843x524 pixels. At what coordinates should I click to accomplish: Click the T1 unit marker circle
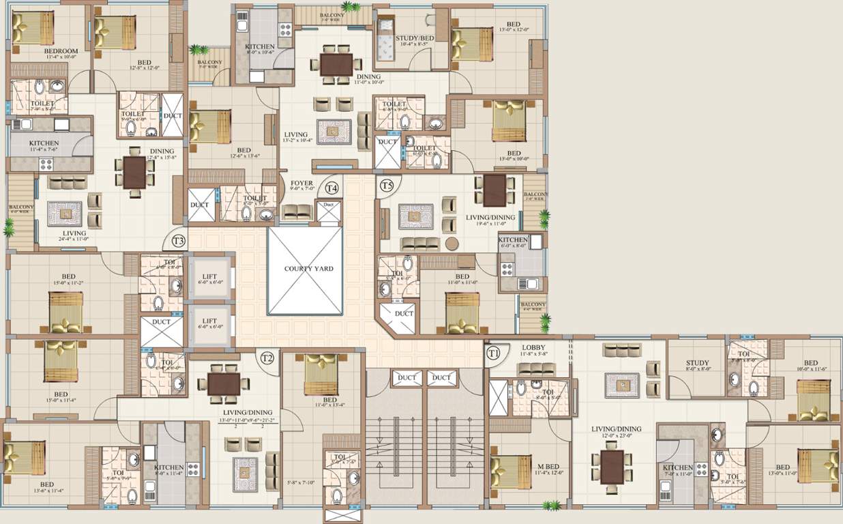pyautogui.click(x=494, y=353)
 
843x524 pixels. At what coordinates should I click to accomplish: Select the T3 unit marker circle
pyautogui.click(x=179, y=240)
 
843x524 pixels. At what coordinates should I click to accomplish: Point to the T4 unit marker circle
pyautogui.click(x=332, y=187)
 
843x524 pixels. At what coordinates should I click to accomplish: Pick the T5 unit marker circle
pyautogui.click(x=387, y=185)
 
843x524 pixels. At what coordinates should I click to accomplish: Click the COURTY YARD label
pyautogui.click(x=309, y=269)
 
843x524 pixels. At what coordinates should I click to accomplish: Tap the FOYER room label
pyautogui.click(x=301, y=183)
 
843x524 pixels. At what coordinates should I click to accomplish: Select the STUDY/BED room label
pyautogui.click(x=415, y=38)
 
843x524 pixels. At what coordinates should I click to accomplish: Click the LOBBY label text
pyautogui.click(x=534, y=348)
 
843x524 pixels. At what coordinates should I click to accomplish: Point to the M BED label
pyautogui.click(x=543, y=467)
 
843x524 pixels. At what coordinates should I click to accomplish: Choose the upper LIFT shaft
pyautogui.click(x=209, y=275)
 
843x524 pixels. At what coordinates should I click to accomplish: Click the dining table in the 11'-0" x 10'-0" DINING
pyautogui.click(x=336, y=64)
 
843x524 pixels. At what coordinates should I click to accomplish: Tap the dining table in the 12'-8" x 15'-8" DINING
pyautogui.click(x=134, y=172)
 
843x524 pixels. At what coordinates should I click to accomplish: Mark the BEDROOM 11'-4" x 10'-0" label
pyautogui.click(x=61, y=51)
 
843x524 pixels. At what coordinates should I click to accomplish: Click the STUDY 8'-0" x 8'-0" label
pyautogui.click(x=697, y=364)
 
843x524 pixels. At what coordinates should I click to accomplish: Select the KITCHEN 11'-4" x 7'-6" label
pyautogui.click(x=44, y=143)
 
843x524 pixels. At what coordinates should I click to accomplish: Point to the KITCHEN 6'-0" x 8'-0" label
pyautogui.click(x=513, y=240)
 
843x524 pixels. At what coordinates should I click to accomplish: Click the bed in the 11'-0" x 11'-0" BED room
pyautogui.click(x=462, y=312)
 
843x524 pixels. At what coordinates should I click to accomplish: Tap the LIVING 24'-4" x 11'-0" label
pyautogui.click(x=74, y=233)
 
